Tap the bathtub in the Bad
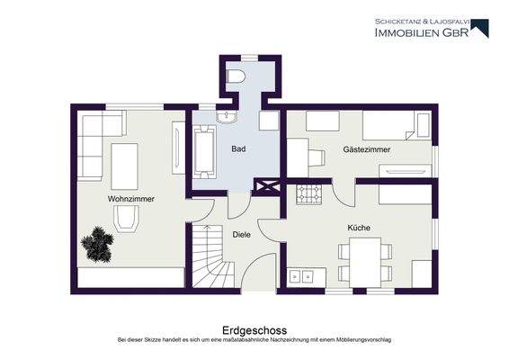203,149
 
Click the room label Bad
238,149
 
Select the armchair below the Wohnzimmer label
126,217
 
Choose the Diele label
241,234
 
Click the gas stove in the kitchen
310,193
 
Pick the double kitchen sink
302,274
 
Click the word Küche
359,228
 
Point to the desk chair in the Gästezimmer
316,158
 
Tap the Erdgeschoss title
254,330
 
